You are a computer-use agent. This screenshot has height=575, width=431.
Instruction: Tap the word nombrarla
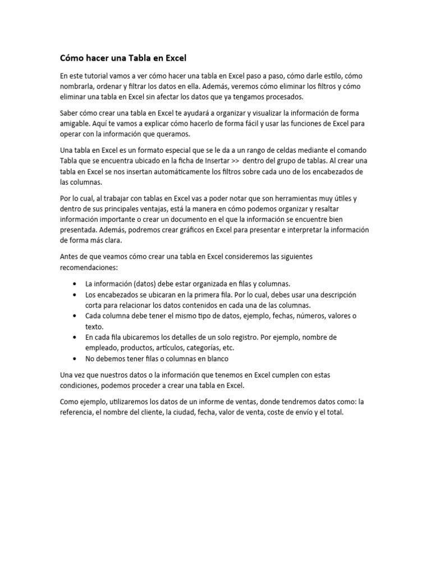pos(78,86)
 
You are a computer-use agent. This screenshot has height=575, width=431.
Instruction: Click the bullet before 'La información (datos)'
pos(75,284)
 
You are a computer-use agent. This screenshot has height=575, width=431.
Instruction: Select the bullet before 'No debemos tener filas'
pos(75,358)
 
